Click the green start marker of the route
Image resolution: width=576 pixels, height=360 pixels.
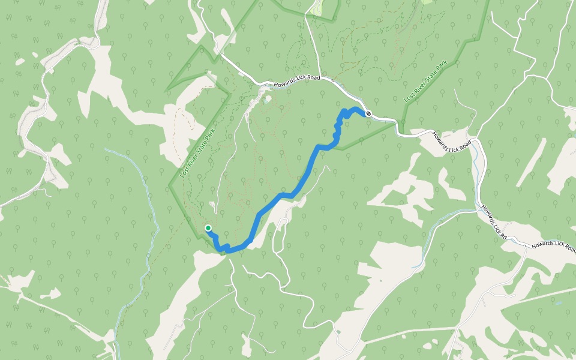(208, 228)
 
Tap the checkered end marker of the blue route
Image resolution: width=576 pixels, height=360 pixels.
(368, 113)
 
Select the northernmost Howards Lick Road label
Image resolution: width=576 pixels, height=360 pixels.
(296, 81)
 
